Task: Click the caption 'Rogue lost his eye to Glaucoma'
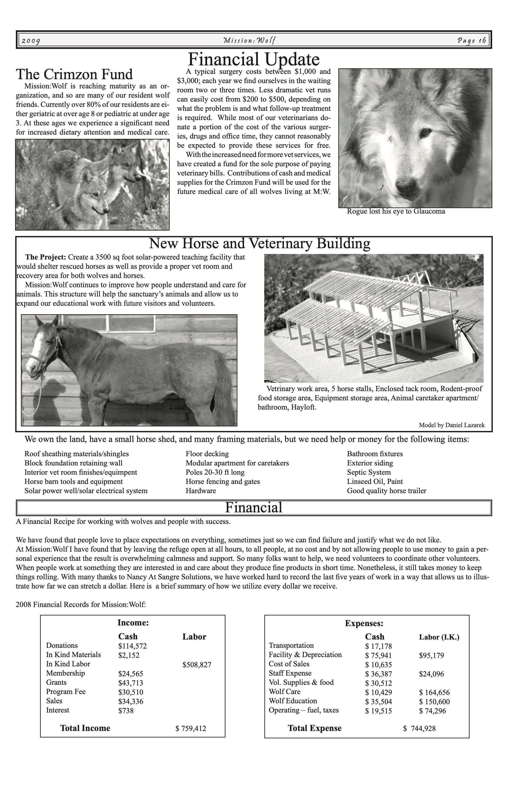click(396, 211)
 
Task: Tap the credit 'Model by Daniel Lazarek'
click(452, 425)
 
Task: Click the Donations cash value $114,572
click(132, 646)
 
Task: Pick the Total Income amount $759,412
click(191, 728)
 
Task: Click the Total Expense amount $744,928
click(419, 728)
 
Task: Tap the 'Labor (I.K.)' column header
click(439, 637)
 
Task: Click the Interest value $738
click(126, 710)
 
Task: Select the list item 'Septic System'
click(369, 472)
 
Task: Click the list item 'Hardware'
click(201, 491)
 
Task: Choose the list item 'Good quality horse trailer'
click(387, 491)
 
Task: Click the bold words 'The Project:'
click(46, 257)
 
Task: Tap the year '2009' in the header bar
click(31, 41)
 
